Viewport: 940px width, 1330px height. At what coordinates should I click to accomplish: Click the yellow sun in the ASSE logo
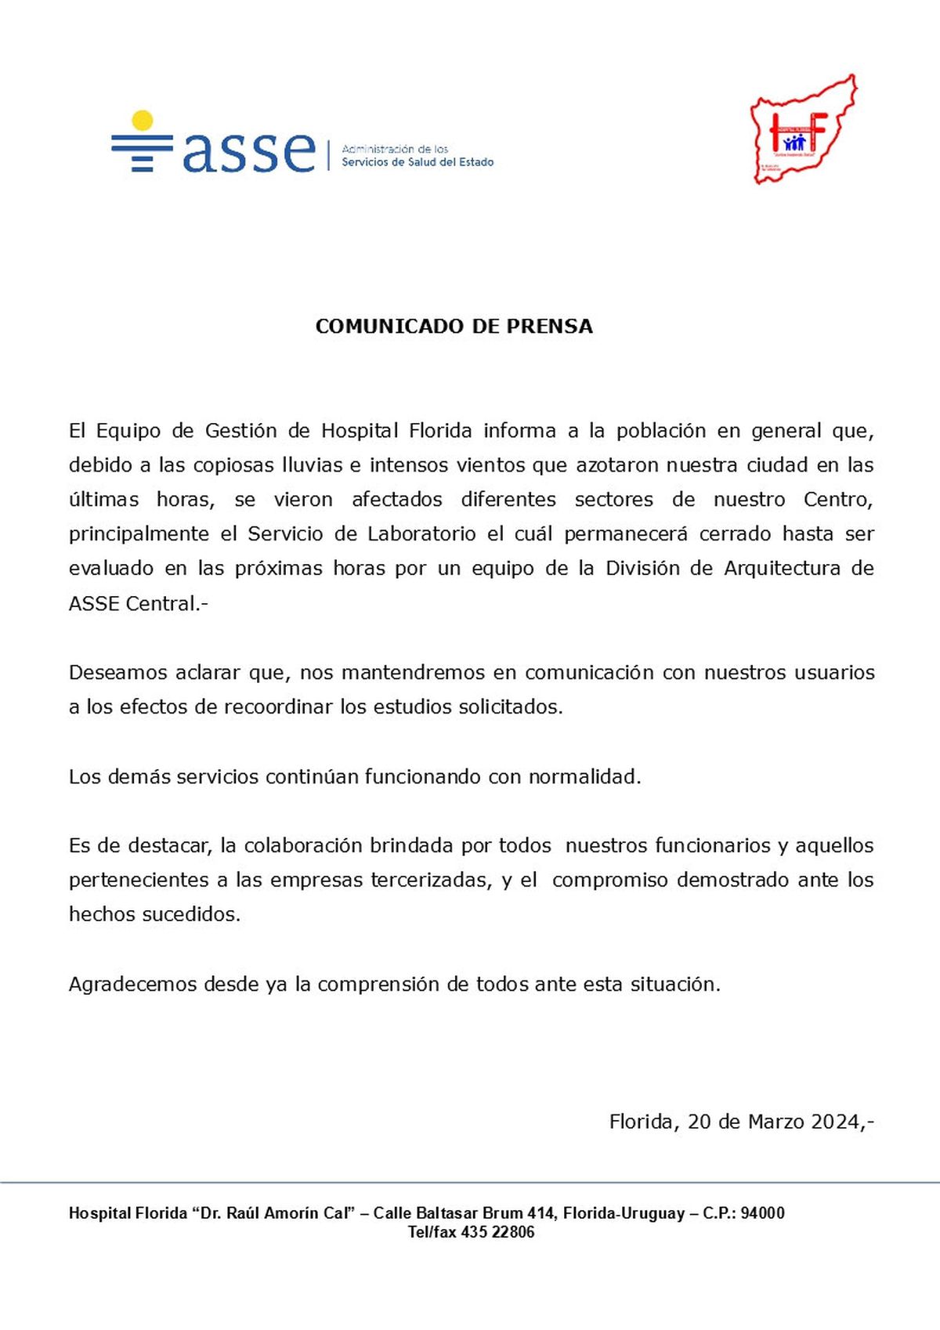pos(143,121)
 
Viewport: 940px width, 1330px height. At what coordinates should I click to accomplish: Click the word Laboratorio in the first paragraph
pos(421,534)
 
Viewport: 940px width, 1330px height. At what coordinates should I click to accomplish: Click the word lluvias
pos(313,465)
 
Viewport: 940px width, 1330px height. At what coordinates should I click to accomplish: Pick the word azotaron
pos(617,465)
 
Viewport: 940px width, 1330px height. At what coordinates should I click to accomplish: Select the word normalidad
pos(584,777)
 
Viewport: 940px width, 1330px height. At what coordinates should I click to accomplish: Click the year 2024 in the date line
pos(836,1122)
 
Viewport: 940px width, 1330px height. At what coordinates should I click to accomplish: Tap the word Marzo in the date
pos(775,1122)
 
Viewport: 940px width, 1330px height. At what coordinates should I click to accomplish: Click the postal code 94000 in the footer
pos(762,1213)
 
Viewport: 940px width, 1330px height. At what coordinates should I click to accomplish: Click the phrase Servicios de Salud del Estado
pos(418,162)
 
